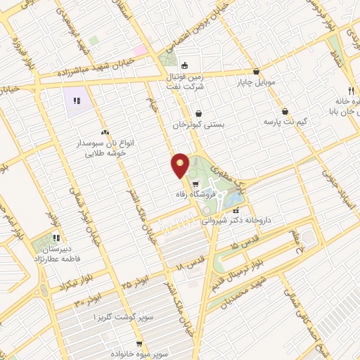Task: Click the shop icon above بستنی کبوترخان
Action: [198, 113]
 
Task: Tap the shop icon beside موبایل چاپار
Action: [255, 71]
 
